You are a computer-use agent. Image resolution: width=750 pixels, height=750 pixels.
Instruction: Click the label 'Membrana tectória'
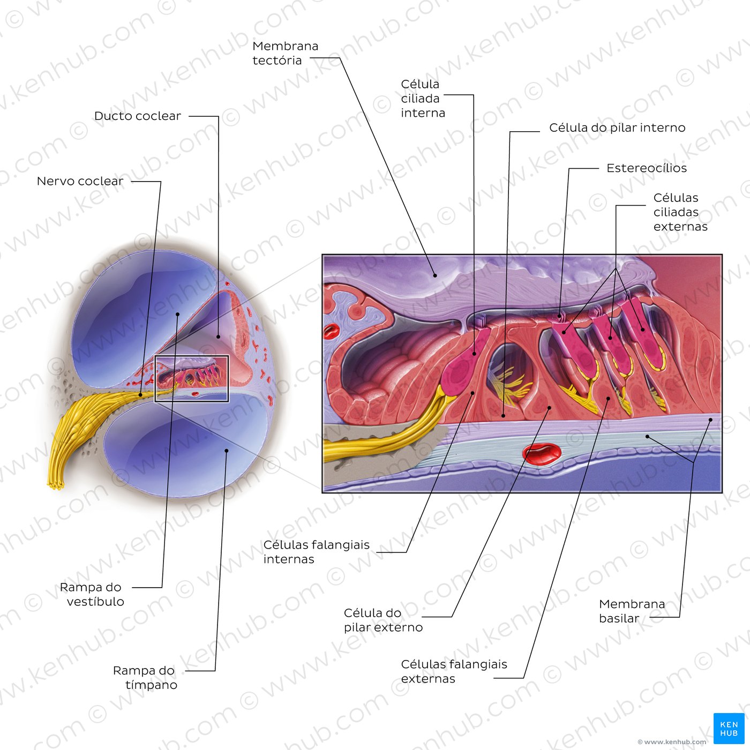[x=286, y=53]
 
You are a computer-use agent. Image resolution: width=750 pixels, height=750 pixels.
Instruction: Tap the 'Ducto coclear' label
[x=137, y=116]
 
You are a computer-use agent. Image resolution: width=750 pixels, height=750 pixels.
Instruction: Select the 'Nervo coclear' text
[x=80, y=181]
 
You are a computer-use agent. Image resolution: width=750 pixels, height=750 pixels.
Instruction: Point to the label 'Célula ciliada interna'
[x=423, y=99]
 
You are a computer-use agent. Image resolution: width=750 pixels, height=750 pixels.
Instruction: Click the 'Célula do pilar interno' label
[x=617, y=127]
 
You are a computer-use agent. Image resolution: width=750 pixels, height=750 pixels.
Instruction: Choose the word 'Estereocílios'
[x=647, y=168]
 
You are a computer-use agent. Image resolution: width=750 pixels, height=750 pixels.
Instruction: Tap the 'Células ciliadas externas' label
[x=680, y=212]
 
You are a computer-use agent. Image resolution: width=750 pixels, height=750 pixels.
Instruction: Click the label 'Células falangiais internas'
[x=317, y=552]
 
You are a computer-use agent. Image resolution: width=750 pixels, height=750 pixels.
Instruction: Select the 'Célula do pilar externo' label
[x=383, y=620]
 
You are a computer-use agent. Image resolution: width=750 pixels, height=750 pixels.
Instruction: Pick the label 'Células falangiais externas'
[x=454, y=671]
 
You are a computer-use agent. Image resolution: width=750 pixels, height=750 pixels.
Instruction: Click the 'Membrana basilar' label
[x=632, y=611]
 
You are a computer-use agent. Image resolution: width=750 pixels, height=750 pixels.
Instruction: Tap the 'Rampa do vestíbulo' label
[x=92, y=594]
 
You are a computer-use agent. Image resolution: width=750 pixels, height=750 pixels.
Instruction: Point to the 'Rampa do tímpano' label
[x=145, y=678]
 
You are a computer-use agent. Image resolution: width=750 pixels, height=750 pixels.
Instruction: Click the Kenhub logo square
[x=729, y=729]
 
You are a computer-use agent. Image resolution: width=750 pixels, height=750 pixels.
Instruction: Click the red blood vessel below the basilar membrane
[x=542, y=455]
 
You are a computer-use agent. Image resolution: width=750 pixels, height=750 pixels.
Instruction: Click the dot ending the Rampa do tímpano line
[x=227, y=451]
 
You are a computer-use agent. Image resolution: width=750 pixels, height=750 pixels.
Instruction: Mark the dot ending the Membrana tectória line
[x=435, y=275]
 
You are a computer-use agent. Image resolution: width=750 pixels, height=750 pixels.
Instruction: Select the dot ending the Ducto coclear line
[x=219, y=336]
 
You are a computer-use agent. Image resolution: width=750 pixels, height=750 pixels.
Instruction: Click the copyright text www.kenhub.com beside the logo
[x=672, y=742]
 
